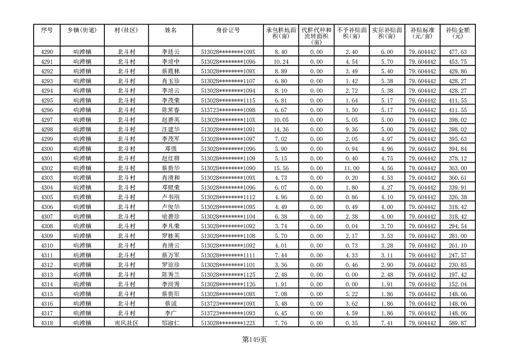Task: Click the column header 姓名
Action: click(x=171, y=30)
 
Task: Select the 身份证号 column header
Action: click(x=228, y=30)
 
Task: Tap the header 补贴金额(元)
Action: click(x=457, y=33)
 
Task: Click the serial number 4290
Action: click(x=47, y=52)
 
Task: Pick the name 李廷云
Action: click(x=171, y=52)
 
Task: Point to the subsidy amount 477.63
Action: click(x=457, y=52)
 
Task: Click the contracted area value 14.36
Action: click(x=281, y=129)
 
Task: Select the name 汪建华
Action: click(x=171, y=129)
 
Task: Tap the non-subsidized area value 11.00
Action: click(x=352, y=168)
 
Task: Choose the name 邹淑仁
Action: click(x=171, y=323)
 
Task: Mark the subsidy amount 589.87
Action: click(x=457, y=323)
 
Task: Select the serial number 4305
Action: click(x=47, y=197)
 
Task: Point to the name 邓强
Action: click(x=171, y=149)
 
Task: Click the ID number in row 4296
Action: click(x=228, y=110)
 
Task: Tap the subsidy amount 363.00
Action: click(x=457, y=168)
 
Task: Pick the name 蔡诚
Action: click(x=171, y=303)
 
